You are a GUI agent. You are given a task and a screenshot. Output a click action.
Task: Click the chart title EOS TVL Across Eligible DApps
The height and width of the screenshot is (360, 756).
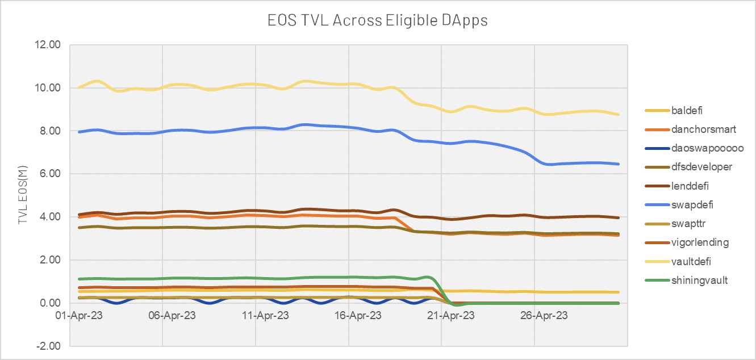[378, 20]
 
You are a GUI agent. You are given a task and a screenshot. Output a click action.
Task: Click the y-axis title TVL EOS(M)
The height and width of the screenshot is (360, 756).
[23, 195]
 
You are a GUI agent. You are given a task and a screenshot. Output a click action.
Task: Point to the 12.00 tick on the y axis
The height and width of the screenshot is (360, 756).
[48, 44]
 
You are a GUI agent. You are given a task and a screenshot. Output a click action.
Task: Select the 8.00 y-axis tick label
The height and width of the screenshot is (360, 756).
[51, 131]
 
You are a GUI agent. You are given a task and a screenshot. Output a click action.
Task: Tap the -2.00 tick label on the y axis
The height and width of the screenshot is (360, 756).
[48, 346]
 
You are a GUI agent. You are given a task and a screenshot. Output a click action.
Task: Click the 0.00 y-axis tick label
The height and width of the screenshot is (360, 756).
[51, 303]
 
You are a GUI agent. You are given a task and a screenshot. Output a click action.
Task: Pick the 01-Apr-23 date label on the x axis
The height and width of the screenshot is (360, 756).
[79, 316]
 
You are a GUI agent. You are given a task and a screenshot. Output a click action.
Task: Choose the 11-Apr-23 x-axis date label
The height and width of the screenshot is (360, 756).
[265, 316]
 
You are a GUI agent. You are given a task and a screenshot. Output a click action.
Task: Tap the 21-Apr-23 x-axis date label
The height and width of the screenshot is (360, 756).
[451, 316]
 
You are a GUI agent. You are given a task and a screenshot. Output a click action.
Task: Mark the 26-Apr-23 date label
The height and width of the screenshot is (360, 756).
[544, 316]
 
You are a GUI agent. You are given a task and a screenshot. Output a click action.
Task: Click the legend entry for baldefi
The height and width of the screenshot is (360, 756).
[674, 110]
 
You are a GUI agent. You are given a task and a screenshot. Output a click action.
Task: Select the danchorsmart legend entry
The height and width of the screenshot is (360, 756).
[691, 129]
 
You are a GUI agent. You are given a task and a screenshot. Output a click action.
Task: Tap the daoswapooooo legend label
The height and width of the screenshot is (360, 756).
[694, 148]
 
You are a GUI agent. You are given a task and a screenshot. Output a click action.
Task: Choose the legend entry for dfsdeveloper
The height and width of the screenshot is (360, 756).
[688, 167]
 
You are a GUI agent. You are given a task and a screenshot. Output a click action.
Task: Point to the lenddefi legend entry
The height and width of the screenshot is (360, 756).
[676, 186]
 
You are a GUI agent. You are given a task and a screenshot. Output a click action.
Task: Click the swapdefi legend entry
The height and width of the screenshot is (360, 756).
[679, 205]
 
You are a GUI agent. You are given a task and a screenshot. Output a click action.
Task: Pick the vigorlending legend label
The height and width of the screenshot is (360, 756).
[687, 242]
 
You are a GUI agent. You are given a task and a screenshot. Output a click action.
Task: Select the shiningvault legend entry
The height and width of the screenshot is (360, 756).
[686, 281]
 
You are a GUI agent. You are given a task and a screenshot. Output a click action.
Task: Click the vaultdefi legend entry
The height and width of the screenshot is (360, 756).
[678, 261]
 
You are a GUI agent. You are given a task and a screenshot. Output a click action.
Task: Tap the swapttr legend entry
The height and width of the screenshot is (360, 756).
[675, 224]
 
